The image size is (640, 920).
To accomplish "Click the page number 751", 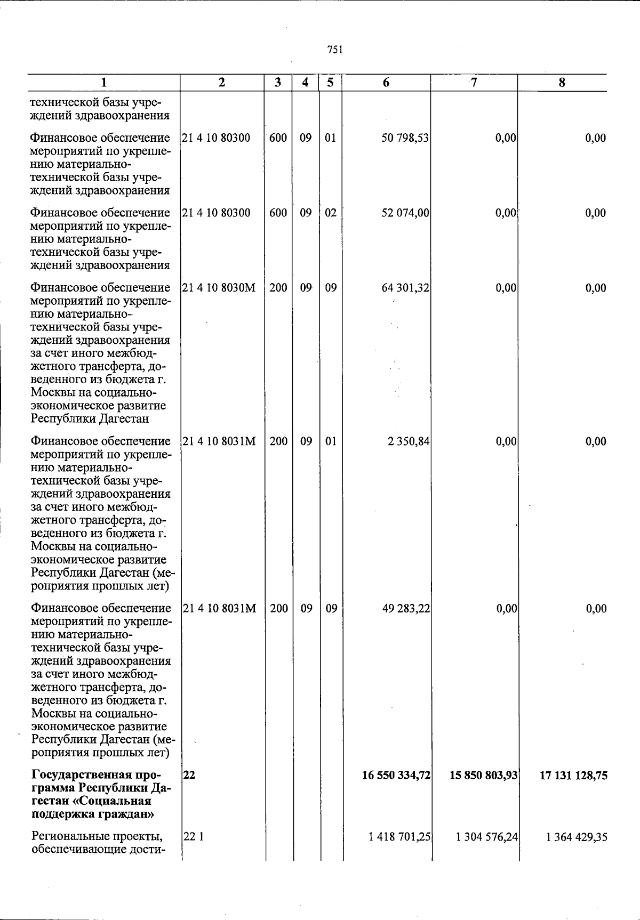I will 334,50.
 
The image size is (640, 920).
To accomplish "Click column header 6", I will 386,83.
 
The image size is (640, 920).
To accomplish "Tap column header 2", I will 222,83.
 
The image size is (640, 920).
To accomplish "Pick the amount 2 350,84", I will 409,441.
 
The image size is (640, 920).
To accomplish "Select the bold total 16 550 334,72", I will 396,776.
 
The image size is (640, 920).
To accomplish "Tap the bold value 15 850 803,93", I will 484,776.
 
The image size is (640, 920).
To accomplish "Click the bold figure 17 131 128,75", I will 573,776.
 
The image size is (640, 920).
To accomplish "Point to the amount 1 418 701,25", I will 399,837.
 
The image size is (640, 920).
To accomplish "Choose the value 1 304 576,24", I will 487,837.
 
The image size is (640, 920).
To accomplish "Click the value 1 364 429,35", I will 577,837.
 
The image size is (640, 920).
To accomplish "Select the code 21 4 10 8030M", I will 219,288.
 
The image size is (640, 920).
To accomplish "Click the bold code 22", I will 189,776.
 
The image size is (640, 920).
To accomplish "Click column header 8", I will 562,83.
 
